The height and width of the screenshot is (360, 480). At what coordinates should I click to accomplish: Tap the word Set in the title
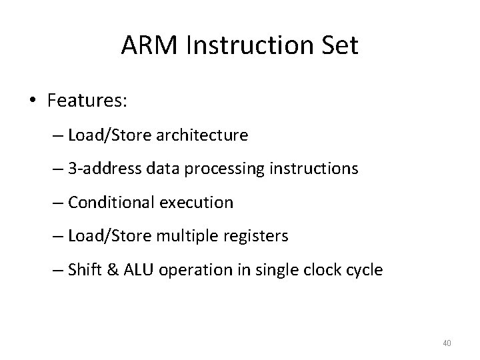click(339, 46)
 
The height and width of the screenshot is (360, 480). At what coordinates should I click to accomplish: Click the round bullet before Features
click(33, 101)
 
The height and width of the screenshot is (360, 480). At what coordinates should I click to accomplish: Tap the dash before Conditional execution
click(57, 203)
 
